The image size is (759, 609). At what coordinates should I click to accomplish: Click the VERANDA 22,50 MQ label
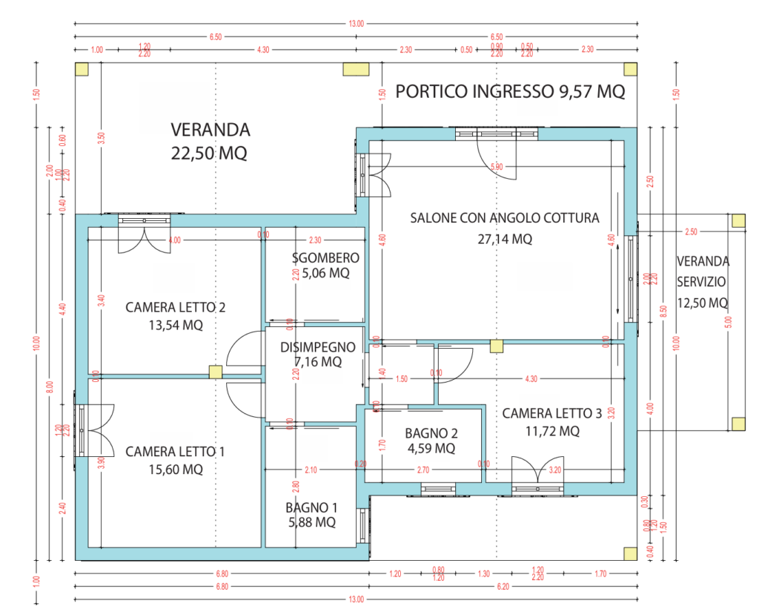[x=211, y=142]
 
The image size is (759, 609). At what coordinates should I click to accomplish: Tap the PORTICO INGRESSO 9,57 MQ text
[x=510, y=92]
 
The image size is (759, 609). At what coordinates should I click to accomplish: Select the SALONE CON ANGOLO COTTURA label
[x=505, y=218]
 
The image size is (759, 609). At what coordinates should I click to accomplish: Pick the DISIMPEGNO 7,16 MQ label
[x=316, y=355]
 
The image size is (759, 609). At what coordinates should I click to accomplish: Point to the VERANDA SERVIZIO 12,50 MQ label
[x=703, y=282]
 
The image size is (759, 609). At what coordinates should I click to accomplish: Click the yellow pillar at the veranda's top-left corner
[x=81, y=69]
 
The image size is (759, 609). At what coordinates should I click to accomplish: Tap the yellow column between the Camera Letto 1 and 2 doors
[x=215, y=372]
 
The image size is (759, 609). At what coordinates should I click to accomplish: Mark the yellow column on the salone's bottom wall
[x=496, y=345]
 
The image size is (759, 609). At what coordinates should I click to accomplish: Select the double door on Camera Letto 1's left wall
[x=95, y=429]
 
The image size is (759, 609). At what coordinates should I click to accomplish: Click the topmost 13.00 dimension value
[x=356, y=24]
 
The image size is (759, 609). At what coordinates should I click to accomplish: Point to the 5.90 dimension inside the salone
[x=497, y=168]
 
